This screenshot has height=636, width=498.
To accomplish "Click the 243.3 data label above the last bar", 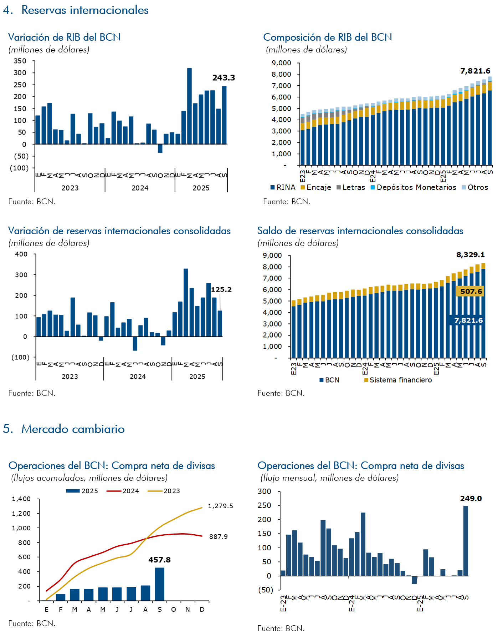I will click(224, 78).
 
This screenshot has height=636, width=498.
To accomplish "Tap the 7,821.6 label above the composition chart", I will click(475, 71).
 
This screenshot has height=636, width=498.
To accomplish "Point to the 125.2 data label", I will click(221, 289).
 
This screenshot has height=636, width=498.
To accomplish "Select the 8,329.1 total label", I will click(471, 255).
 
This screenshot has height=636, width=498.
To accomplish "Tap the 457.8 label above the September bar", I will click(159, 560).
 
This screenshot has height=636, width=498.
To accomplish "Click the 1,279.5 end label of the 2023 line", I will click(220, 506).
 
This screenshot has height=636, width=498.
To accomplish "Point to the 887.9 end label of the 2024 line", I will click(218, 537).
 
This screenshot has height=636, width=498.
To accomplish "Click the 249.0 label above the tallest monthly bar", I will click(471, 499).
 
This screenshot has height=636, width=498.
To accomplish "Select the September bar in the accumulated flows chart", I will click(159, 584).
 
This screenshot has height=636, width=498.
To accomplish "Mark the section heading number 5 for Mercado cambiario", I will click(7, 429).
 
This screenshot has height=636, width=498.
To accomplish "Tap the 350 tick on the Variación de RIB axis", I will click(20, 61).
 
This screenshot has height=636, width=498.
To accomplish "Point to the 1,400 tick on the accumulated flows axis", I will click(21, 499).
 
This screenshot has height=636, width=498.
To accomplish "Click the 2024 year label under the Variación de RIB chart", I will click(140, 188).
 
